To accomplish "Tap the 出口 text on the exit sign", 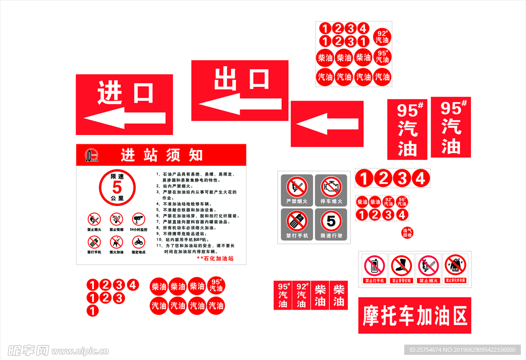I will (x=241, y=79).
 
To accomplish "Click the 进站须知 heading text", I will (x=162, y=155).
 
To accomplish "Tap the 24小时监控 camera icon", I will (x=139, y=219).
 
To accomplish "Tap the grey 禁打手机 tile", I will (x=296, y=224).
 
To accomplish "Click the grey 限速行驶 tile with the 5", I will (x=331, y=224).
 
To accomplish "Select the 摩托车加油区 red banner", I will (x=415, y=315).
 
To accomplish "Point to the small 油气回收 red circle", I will (x=407, y=233).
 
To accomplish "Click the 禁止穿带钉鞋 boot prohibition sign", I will (x=401, y=269).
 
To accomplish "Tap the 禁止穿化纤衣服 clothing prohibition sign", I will (x=455, y=269).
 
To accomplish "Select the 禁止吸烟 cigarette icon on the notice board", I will (x=117, y=219).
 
